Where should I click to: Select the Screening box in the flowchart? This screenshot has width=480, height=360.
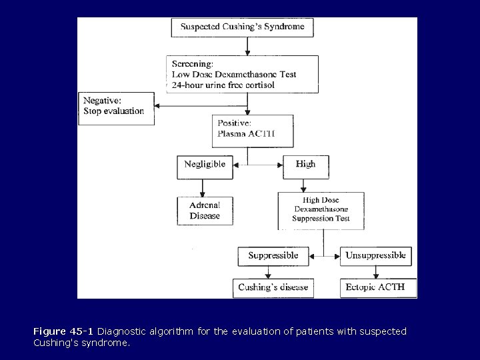[243, 74]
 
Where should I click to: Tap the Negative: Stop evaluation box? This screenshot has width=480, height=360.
[116, 107]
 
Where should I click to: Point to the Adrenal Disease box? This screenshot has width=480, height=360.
[205, 211]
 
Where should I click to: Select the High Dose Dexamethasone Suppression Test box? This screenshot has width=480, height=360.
[321, 211]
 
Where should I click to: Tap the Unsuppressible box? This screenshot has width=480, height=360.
[375, 255]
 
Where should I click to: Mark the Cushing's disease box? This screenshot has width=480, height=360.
[273, 287]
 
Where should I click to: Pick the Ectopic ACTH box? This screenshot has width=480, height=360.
[378, 287]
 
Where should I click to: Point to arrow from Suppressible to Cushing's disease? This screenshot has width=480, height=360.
[268, 271]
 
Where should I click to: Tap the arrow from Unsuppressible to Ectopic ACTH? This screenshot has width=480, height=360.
[375, 271]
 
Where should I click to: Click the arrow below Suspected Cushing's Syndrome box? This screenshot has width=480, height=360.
[247, 46]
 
